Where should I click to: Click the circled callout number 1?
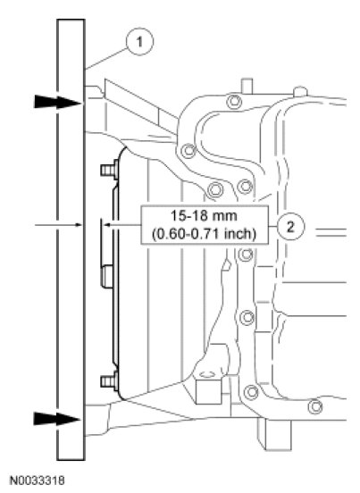tap(139, 42)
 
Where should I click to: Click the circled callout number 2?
tap(290, 226)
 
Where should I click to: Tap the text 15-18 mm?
tap(204, 216)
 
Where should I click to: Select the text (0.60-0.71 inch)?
tap(204, 234)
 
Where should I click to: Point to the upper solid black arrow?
tap(57, 102)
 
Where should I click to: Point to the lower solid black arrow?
tap(57, 419)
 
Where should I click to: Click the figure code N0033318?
tap(38, 480)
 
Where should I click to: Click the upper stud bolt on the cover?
tap(109, 170)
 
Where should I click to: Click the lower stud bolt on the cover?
tap(109, 381)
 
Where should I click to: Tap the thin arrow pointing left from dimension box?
tap(122, 225)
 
